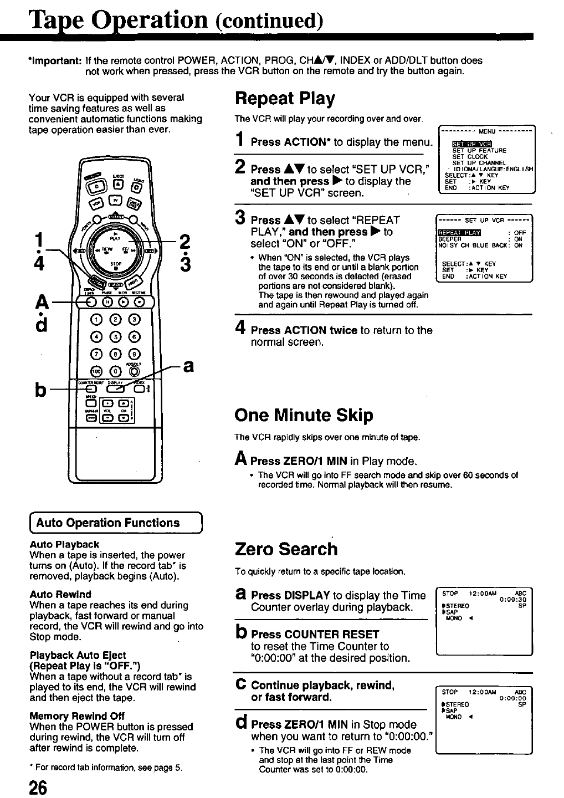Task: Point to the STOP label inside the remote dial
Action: click(x=115, y=263)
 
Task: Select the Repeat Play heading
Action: click(x=285, y=99)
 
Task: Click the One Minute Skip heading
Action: click(x=304, y=415)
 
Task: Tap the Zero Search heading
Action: click(x=286, y=549)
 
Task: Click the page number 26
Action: click(x=39, y=788)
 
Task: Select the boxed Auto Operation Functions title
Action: click(x=107, y=523)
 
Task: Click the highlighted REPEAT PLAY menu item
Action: click(x=459, y=232)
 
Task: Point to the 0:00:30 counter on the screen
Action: click(x=512, y=599)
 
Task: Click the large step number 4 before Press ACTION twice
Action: click(x=240, y=329)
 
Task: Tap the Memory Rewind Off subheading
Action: click(x=76, y=715)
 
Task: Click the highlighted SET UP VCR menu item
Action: click(x=468, y=144)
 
